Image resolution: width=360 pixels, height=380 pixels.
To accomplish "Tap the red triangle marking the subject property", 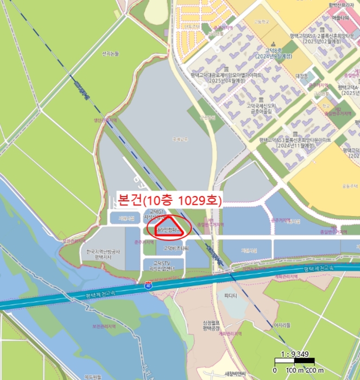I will pyautogui.click(x=167, y=227).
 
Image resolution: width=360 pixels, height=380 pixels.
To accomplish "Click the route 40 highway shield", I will pyautogui.click(x=148, y=285).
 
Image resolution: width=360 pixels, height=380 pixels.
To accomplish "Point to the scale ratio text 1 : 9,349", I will pyautogui.click(x=294, y=355).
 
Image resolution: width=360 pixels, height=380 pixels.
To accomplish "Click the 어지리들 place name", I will pyautogui.click(x=282, y=325).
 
